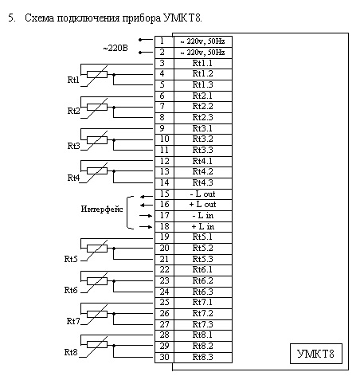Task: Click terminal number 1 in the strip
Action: pos(162,41)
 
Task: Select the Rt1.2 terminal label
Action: pos(203,73)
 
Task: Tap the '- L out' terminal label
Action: pos(203,194)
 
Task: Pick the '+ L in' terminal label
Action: pos(203,226)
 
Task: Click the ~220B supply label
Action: pos(115,48)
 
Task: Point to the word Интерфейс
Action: pos(102,210)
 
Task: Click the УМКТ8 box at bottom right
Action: pos(316,354)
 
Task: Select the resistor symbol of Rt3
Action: pos(97,140)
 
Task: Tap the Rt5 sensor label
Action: pos(71,259)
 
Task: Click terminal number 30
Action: pos(164,357)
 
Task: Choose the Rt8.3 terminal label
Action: pos(203,357)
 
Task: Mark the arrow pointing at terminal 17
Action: pos(146,216)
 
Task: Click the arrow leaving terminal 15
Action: pos(147,197)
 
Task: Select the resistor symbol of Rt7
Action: pos(97,314)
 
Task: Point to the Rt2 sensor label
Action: pos(73,111)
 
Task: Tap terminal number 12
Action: pos(164,161)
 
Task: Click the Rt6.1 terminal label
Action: pos(203,269)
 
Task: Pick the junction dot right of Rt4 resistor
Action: pos(114,171)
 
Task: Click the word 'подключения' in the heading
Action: pos(88,18)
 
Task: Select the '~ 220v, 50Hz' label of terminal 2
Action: pos(203,53)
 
